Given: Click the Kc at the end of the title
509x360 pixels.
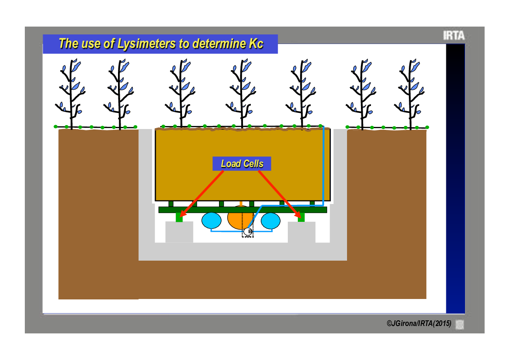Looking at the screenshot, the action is point(256,44).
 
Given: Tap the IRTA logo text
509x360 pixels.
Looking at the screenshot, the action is point(454,35).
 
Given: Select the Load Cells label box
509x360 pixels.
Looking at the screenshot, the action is point(242,163).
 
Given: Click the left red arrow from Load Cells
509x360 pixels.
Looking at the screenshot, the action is point(202,194).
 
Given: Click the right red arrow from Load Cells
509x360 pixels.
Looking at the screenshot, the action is point(280,194).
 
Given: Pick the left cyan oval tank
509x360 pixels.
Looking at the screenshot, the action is point(211,221).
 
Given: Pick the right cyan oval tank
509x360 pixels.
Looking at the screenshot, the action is point(270,221).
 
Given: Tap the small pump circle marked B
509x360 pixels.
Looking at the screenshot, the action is point(248,231).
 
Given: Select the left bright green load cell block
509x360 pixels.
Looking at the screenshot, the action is point(179,217).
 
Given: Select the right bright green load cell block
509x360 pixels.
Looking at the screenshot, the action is point(301,217).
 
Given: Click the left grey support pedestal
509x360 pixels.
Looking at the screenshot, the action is point(179,232).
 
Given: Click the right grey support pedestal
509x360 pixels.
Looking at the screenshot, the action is point(302,232).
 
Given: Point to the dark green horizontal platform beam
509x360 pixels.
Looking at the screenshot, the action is point(243,210).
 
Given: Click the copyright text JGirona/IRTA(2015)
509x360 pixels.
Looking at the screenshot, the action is point(419,323).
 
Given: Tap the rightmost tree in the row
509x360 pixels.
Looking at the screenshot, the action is point(410,94).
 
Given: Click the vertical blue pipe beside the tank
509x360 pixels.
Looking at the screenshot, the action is point(324,166).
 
